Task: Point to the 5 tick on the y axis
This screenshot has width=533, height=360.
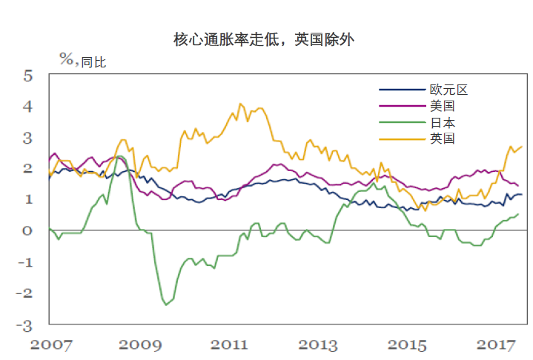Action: pos(27,76)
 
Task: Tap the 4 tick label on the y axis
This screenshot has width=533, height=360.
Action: pos(27,107)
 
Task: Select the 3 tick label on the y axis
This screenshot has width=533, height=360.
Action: pos(27,138)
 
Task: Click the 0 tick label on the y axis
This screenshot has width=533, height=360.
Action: pos(27,231)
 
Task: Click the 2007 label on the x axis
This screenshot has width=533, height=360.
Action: pos(50,344)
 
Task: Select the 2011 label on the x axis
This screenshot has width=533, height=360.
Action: pos(229,344)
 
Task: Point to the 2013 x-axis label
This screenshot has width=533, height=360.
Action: pos(318,344)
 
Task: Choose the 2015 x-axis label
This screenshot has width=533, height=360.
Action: pos(407,344)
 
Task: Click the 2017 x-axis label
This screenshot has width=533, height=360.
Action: pos(496,344)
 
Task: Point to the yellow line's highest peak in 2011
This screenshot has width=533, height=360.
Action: pos(240,104)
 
